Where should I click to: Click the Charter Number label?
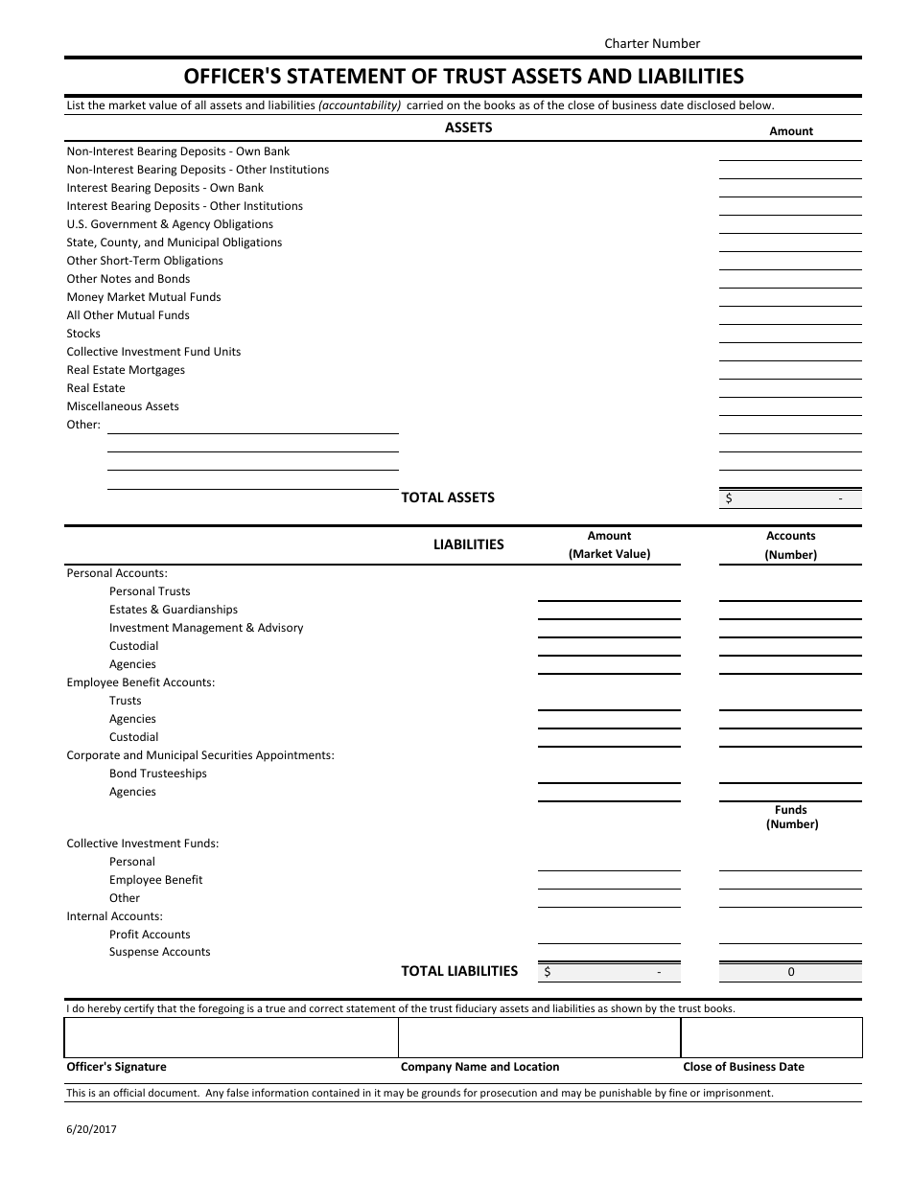point(652,43)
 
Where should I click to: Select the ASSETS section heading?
point(469,127)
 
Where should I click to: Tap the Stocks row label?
point(83,334)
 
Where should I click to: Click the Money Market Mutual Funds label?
point(144,297)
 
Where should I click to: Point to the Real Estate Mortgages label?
point(126,370)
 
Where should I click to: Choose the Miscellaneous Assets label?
point(123,406)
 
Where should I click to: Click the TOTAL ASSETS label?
point(448,497)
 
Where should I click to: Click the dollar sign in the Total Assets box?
point(730,498)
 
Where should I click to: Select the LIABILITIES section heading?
point(469,544)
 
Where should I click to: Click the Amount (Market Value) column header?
point(609,544)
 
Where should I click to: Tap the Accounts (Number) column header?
point(790,544)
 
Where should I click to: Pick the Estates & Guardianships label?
point(174,610)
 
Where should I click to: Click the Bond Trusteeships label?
point(158,774)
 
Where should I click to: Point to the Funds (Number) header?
point(791,817)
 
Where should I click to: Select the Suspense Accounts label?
point(160,952)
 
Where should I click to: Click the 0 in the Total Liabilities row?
point(791,972)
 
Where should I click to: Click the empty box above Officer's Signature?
point(231,1037)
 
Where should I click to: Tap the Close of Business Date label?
point(743,1067)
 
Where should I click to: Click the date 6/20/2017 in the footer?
point(91,1129)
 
